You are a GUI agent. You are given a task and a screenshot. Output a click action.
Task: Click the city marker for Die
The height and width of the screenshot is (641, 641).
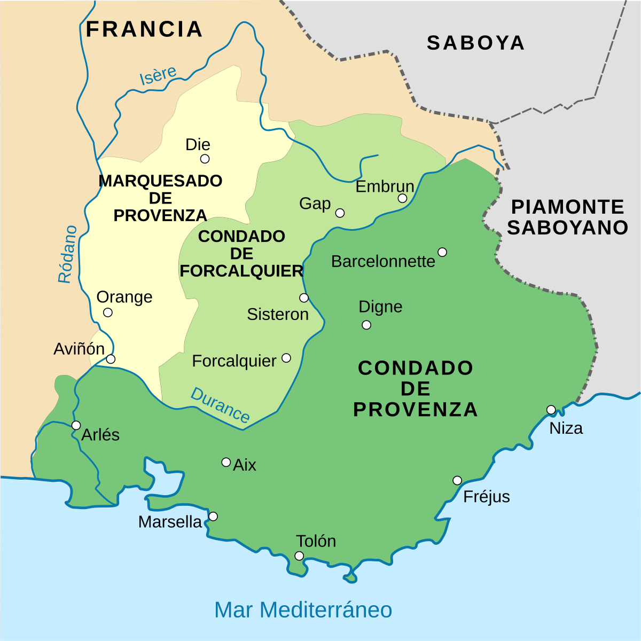click(205, 159)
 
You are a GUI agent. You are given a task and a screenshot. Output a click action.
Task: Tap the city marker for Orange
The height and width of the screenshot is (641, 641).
click(108, 312)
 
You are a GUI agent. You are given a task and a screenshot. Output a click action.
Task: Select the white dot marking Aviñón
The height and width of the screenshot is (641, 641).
click(111, 359)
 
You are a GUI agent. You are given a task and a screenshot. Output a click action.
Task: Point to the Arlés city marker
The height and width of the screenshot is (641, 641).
click(76, 425)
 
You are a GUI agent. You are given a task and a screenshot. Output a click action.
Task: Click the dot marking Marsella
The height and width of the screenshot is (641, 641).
click(213, 517)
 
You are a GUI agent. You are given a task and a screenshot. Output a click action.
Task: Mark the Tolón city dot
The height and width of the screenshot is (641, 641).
click(299, 556)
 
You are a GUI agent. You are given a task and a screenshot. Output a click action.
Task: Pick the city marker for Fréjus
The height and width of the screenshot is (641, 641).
click(457, 480)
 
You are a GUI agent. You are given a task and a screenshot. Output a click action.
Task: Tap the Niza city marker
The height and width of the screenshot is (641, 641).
click(551, 410)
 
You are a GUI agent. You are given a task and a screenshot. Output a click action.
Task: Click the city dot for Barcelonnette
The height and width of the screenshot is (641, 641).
click(442, 252)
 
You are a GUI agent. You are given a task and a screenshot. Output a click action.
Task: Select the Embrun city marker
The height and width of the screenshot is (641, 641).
click(402, 198)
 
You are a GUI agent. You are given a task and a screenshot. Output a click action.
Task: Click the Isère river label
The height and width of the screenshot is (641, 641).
click(158, 75)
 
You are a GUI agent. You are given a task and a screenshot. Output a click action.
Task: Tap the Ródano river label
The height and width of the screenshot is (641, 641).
click(68, 254)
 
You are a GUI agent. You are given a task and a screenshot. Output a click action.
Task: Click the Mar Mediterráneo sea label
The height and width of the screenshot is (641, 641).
click(303, 609)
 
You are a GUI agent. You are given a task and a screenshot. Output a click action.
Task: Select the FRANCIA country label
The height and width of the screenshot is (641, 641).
click(144, 29)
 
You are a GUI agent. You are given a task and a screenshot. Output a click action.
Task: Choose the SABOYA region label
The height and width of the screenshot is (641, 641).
click(475, 43)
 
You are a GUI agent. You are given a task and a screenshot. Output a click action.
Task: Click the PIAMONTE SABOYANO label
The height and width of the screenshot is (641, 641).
click(567, 217)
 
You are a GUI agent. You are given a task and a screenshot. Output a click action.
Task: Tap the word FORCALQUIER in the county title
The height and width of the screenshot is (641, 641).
click(241, 271)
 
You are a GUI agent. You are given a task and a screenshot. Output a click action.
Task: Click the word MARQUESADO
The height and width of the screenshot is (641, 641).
click(160, 181)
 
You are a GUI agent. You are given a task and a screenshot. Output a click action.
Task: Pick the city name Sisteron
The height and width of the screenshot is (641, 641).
click(278, 314)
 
